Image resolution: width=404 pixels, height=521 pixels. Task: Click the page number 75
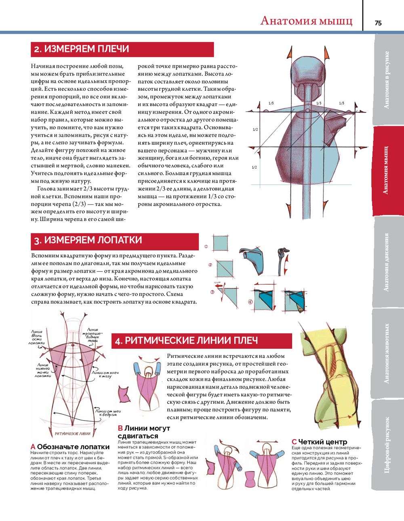(x=378, y=23)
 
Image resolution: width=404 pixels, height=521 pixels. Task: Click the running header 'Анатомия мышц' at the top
(x=306, y=21)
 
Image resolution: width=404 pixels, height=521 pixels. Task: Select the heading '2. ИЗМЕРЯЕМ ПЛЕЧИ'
(x=81, y=49)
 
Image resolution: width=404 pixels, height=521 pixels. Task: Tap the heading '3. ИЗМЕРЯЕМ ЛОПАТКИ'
(x=88, y=240)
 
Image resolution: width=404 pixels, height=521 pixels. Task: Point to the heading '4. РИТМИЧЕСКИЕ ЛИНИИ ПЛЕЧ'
(x=186, y=341)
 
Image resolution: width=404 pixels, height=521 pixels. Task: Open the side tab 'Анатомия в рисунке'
(x=387, y=79)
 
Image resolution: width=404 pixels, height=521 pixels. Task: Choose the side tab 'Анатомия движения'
(x=387, y=262)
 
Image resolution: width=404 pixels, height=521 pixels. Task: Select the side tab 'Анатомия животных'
(x=387, y=353)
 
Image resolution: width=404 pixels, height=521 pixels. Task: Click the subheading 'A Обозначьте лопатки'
(x=70, y=447)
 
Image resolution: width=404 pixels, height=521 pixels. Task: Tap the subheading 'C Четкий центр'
(x=319, y=442)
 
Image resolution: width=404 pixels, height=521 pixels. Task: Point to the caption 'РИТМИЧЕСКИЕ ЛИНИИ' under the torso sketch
(x=73, y=434)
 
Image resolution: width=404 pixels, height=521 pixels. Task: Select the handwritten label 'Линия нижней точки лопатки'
(x=42, y=370)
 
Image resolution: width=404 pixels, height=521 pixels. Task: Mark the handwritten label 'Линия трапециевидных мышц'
(x=93, y=335)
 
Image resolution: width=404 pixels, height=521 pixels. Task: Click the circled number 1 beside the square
(x=206, y=246)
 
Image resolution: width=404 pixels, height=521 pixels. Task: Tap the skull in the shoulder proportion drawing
(x=310, y=72)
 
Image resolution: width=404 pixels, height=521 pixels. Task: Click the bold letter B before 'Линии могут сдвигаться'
(x=120, y=428)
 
